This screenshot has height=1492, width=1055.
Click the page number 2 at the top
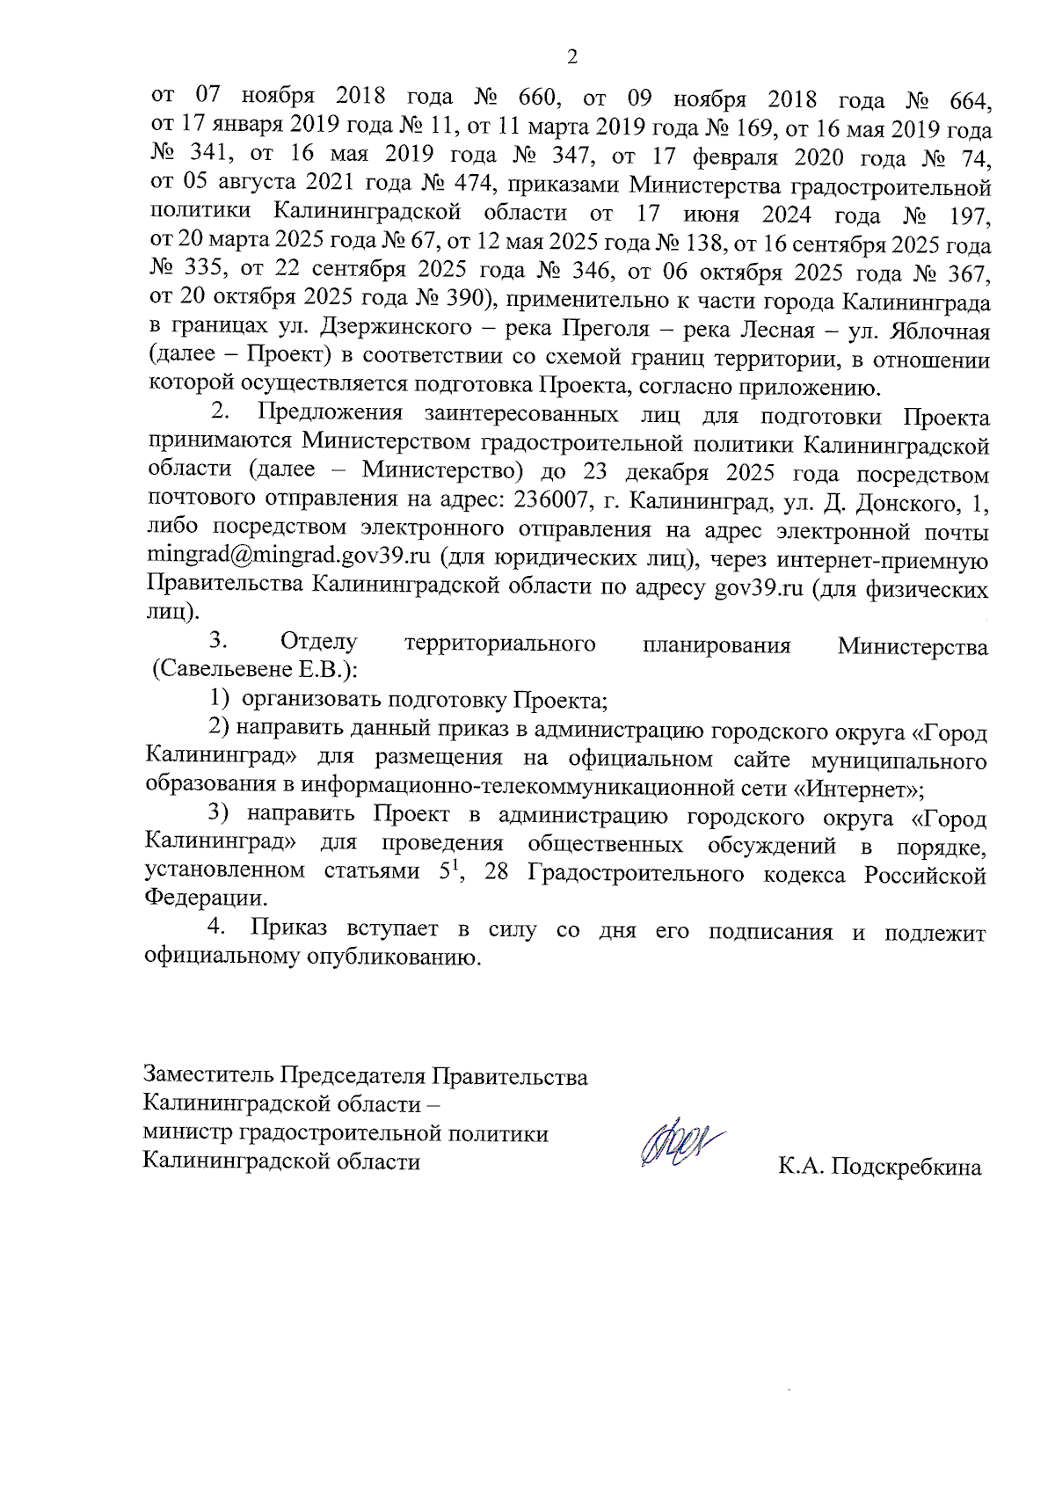pos(572,58)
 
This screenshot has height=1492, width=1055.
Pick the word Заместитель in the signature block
pos(208,1075)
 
